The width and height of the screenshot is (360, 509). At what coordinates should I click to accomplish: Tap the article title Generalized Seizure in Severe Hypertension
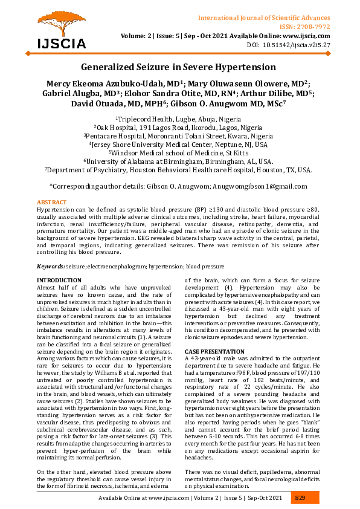[179, 67]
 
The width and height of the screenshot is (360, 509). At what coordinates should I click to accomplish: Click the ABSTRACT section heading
[52, 202]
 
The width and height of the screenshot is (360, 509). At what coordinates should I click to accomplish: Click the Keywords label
[51, 267]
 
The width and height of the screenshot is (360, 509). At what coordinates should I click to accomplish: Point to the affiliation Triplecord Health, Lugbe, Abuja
[181, 120]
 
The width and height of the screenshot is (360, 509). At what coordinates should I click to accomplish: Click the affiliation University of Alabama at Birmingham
[181, 161]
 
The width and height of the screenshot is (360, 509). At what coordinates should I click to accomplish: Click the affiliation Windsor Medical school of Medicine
[181, 153]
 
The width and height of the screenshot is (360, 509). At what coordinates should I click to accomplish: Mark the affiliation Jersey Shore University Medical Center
[181, 144]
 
